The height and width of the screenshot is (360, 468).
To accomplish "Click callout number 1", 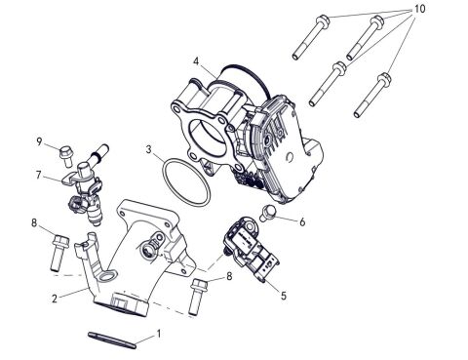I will [x=161, y=334].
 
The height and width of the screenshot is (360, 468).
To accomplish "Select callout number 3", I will [x=148, y=151].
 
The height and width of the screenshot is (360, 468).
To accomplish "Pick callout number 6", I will [x=303, y=222].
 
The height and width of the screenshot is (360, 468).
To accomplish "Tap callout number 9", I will [x=39, y=142].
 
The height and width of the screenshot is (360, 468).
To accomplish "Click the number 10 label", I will [x=420, y=9].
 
